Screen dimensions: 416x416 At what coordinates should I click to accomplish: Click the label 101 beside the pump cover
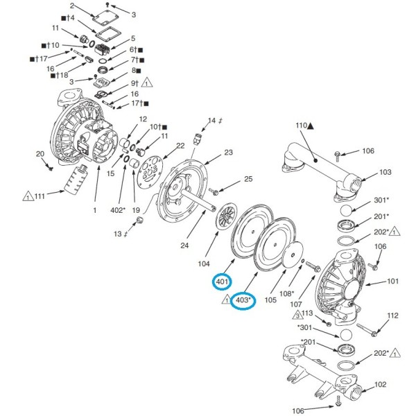pos(392,281)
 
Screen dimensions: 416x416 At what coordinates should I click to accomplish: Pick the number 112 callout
pos(393,315)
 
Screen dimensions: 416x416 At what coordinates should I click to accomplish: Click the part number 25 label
pos(248,180)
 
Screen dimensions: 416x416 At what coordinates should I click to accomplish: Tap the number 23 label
pos(228,153)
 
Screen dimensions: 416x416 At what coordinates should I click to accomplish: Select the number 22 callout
pos(180,146)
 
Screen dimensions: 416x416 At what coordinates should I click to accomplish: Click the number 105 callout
pos(270,300)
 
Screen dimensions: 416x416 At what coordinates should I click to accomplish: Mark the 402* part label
pos(117,209)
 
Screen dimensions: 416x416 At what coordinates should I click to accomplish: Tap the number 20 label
pos(40,153)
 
